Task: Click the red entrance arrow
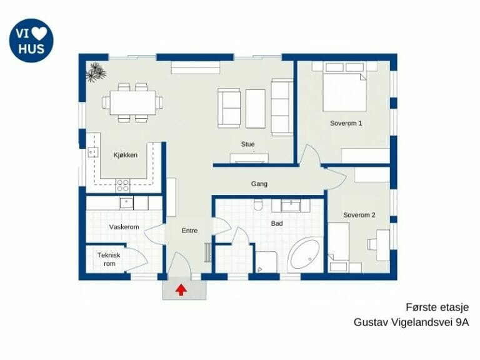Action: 181,290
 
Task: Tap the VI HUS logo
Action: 31,41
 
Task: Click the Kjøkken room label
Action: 126,155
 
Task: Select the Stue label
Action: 247,144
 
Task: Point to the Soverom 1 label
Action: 346,123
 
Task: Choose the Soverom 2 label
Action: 359,215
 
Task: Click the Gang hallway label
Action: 259,184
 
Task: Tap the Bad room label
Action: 277,223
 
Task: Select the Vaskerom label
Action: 124,227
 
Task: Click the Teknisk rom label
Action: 109,259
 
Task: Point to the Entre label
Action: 189,231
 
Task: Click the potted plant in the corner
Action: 96,72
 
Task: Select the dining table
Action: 133,102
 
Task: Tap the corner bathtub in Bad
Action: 304,254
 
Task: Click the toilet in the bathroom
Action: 258,205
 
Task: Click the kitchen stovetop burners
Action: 122,186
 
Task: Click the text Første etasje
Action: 437,307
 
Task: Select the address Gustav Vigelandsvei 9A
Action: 411,322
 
